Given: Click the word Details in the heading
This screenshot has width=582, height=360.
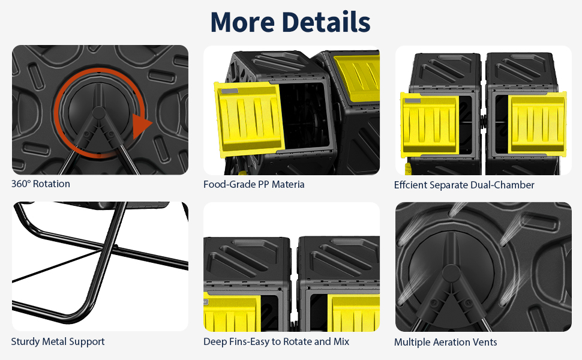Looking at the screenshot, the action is pos(326,22).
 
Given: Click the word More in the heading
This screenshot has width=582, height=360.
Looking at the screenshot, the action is pos(242,22).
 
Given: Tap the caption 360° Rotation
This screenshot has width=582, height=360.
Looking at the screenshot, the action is pos(40,184).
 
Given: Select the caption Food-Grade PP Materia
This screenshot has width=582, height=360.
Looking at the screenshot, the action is pos(254,184).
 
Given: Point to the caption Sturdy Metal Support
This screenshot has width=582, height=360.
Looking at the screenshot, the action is pos(58,342).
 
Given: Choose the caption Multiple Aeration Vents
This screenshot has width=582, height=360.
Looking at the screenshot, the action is pos(445,342).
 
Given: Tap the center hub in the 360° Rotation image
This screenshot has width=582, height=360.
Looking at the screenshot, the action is pos(98,112).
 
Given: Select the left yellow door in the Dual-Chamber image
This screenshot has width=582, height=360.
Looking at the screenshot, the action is pos(430,124).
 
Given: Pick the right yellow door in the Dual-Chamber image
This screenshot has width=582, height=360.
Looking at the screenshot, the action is pos(537,124).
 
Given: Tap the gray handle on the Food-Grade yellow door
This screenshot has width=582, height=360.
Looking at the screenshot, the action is pos(230,91).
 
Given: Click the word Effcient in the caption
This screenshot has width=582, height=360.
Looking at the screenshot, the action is pos(410,185).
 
